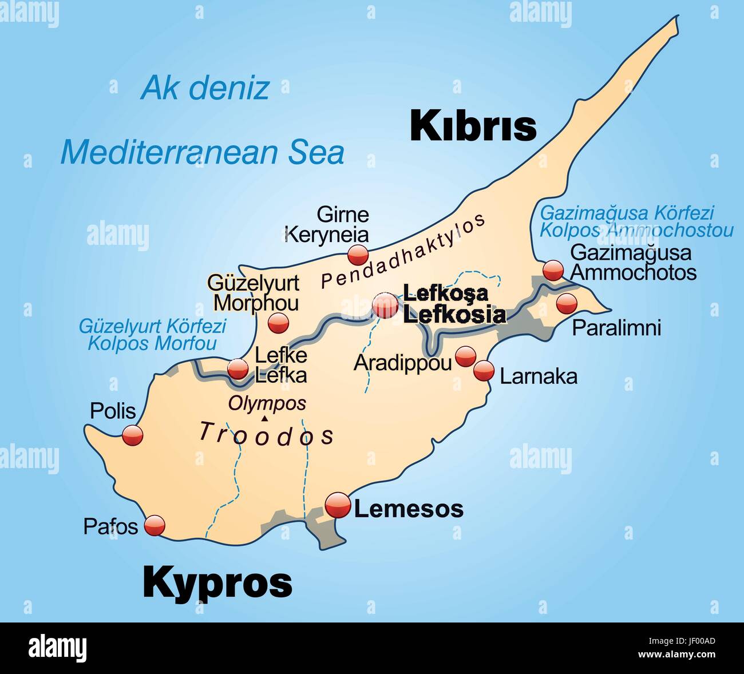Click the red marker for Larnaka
tap(484, 371)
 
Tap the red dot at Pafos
tap(155, 525)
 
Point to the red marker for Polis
tap(132, 435)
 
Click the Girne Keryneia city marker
tap(358, 254)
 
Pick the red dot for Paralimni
tap(566, 303)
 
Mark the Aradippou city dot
tap(465, 357)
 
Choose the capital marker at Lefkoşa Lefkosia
tap(385, 306)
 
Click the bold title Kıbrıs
tap(473, 126)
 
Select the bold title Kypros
tap(217, 582)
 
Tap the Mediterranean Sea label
tap(203, 152)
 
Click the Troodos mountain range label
tap(266, 434)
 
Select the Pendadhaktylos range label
tap(403, 251)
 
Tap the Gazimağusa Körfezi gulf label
tap(627, 213)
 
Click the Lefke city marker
tap(238, 370)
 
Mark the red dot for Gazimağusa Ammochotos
tap(553, 269)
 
